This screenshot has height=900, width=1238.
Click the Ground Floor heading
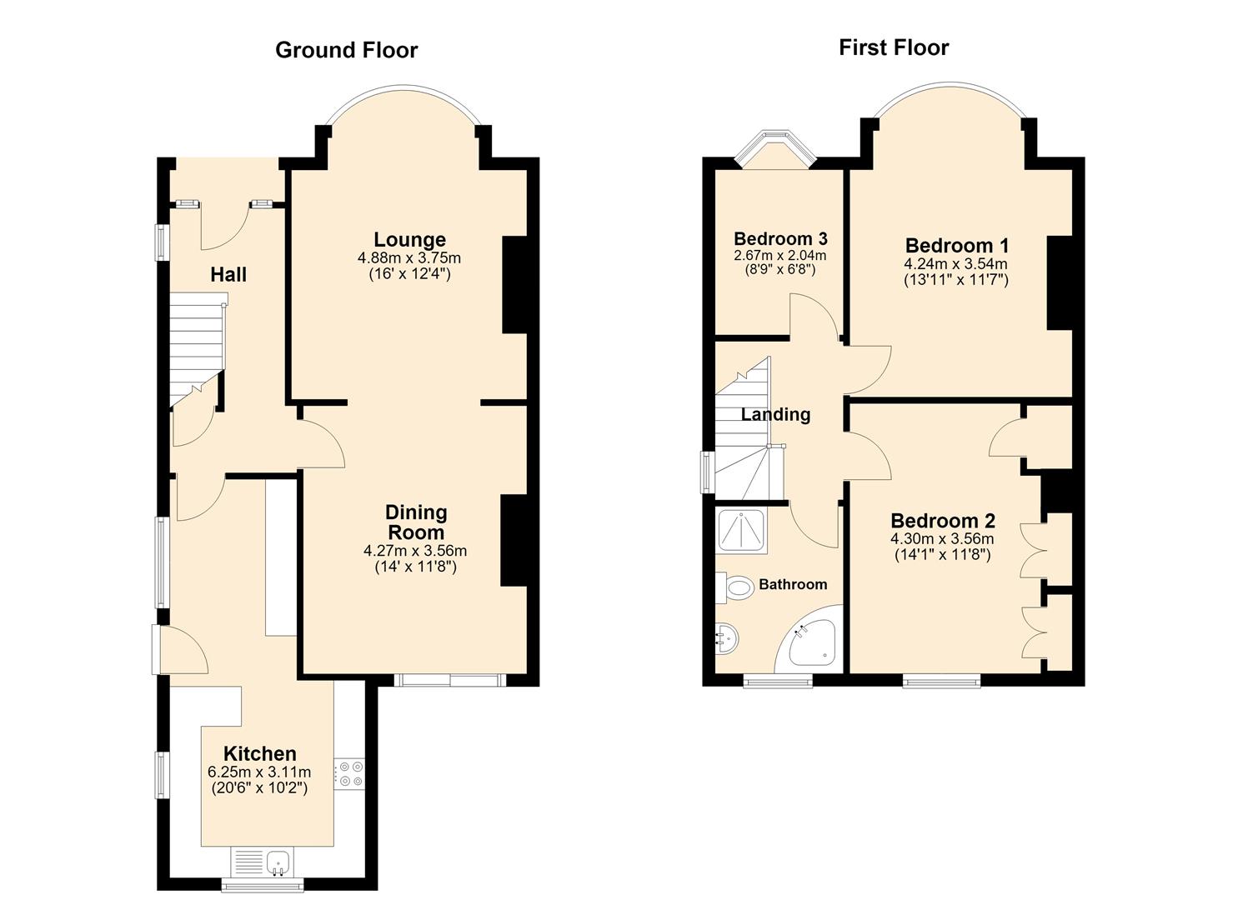[347, 50]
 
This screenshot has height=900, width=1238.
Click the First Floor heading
[894, 47]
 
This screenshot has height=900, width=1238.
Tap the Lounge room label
[409, 240]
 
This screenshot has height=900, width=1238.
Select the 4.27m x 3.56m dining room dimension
[415, 551]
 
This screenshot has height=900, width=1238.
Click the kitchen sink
[278, 863]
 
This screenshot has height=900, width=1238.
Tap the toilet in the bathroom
[735, 587]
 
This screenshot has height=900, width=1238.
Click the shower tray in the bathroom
[742, 531]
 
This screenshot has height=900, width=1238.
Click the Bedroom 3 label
[780, 238]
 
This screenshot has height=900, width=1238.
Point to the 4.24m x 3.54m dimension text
[955, 264]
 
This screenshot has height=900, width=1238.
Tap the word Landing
[776, 415]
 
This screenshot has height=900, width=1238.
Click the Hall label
[228, 275]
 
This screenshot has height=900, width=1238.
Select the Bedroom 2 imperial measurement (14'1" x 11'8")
[942, 555]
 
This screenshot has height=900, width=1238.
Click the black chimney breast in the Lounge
[514, 285]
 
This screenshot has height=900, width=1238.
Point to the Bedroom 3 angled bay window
[774, 149]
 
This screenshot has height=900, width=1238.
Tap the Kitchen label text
[260, 753]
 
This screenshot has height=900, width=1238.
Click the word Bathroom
[793, 584]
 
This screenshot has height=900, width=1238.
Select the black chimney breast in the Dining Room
[513, 540]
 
